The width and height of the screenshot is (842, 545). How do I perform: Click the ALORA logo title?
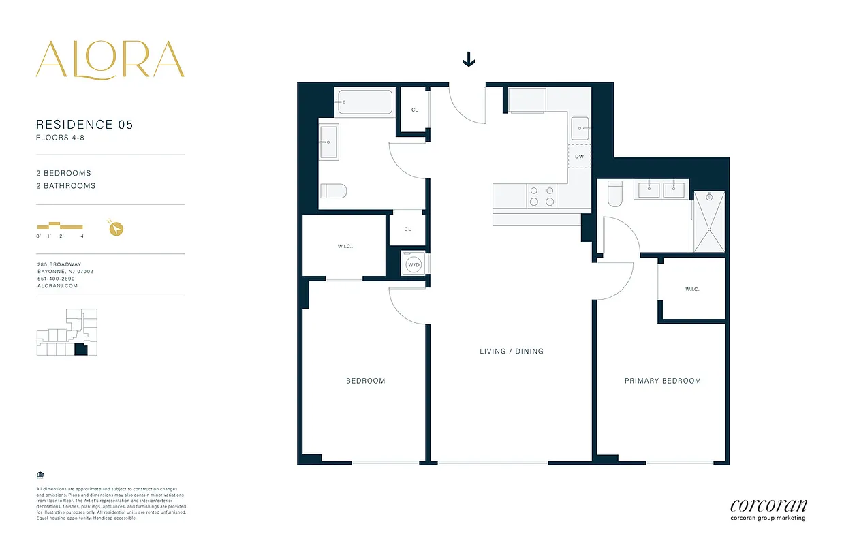pos(110,59)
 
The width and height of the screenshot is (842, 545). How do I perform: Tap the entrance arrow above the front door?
pos(469,61)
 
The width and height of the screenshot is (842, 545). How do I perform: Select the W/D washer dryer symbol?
pos(414,264)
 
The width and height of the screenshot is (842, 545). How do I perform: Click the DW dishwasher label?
pos(579,157)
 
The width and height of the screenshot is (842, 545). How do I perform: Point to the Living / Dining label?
pos(511,352)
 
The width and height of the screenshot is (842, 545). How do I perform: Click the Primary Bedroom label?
pos(662,381)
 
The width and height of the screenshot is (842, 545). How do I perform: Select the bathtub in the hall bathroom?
pos(365,102)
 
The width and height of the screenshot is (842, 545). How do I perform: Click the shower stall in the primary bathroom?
pos(709,221)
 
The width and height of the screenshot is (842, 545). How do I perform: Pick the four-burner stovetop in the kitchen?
pos(542,196)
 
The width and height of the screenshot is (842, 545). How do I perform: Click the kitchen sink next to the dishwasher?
pos(580,127)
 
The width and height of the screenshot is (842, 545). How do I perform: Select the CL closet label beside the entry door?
pos(414,110)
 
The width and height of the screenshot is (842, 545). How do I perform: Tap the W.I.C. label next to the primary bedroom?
pos(693,290)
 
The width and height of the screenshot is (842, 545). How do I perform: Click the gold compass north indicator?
pos(115,229)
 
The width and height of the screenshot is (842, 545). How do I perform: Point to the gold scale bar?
pos(60,226)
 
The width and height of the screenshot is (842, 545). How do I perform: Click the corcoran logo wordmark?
pos(768,505)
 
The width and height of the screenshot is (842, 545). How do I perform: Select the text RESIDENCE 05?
pos(84,125)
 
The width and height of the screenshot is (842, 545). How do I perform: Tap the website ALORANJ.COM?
pos(57,286)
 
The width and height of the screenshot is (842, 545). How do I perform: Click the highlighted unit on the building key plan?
pos(81,349)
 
